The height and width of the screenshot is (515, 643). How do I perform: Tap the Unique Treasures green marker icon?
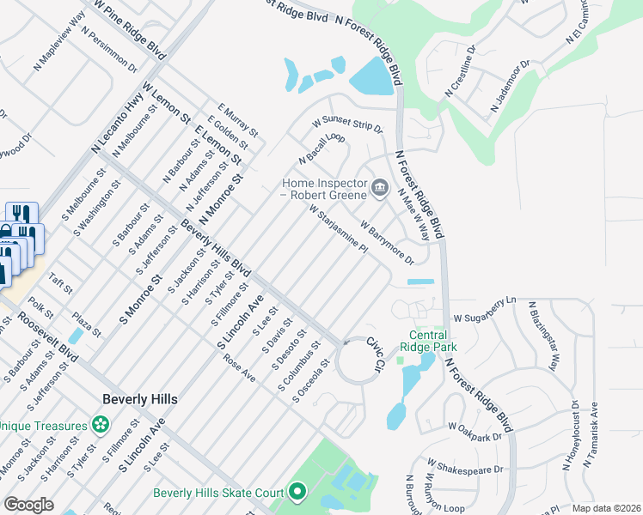(101, 425)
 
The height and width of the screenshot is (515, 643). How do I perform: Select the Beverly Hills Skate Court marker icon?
(297, 492)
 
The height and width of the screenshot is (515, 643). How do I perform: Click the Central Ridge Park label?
(427, 341)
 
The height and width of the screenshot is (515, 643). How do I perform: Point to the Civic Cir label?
(373, 354)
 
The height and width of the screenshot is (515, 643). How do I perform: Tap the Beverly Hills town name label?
(139, 399)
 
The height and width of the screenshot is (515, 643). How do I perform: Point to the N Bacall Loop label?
(321, 148)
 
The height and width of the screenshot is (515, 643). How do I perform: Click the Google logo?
(28, 504)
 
